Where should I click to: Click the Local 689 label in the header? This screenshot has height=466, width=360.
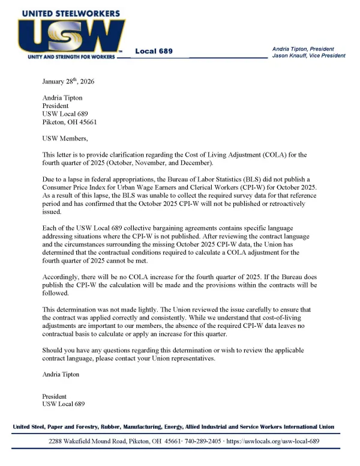pos(154,51)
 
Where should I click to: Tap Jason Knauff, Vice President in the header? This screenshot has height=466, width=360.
pos(308,56)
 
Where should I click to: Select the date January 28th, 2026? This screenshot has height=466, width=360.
pos(68,81)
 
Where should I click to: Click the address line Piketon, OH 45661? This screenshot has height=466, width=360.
pos(70,122)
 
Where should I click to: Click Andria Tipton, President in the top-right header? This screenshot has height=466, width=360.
pos(304,49)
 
